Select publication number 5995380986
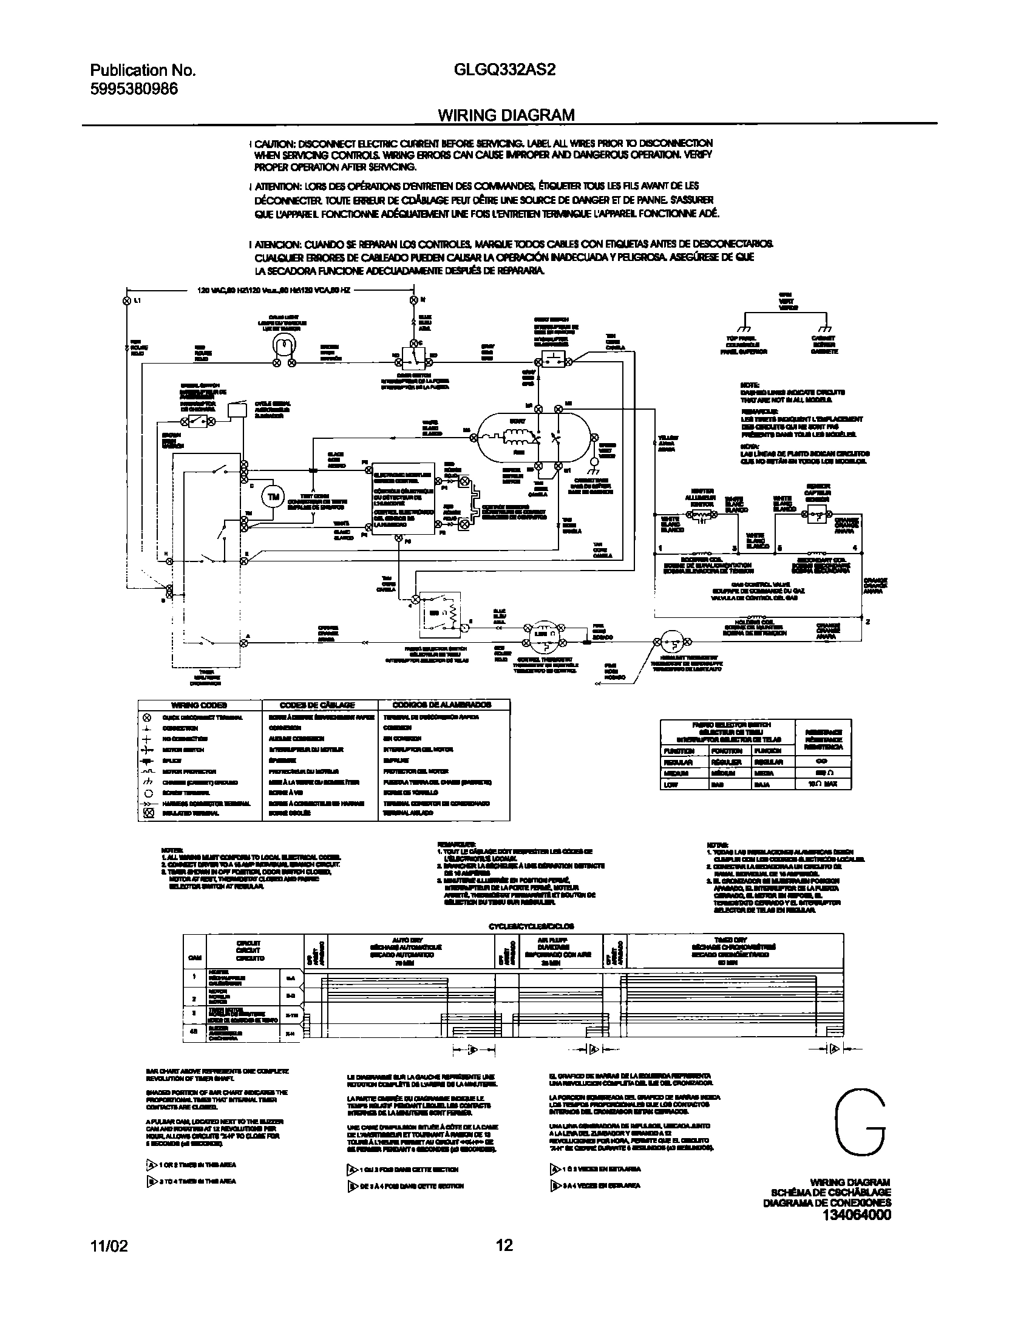point(134,89)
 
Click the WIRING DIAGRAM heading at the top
point(506,115)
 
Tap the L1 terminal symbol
point(127,300)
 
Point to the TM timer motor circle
point(273,497)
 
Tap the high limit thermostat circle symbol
point(671,640)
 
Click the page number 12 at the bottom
point(504,1263)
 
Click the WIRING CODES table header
point(199,705)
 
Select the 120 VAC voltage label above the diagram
point(273,290)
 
